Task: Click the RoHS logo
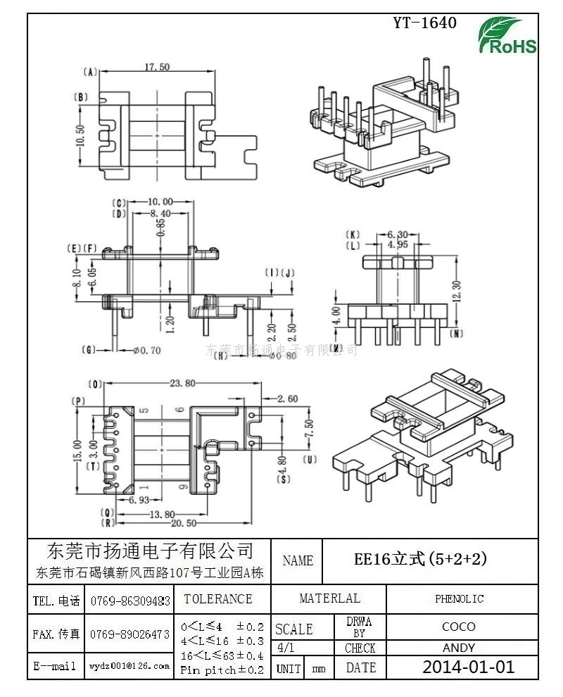pyautogui.click(x=507, y=36)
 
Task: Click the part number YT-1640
pyautogui.click(x=424, y=23)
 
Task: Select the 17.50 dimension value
pyautogui.click(x=157, y=67)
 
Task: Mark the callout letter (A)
pyautogui.click(x=89, y=72)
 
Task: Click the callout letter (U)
pyautogui.click(x=310, y=460)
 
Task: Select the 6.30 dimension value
pyautogui.click(x=398, y=234)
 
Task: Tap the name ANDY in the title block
pyautogui.click(x=458, y=648)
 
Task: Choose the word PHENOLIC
pyautogui.click(x=459, y=599)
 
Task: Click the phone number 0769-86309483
pyautogui.click(x=130, y=601)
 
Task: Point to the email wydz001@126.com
pyautogui.click(x=129, y=666)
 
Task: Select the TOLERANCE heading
pyautogui.click(x=217, y=599)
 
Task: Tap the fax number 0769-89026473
pyautogui.click(x=130, y=634)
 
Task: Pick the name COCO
pyautogui.click(x=458, y=627)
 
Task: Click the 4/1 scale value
pyautogui.click(x=287, y=648)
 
